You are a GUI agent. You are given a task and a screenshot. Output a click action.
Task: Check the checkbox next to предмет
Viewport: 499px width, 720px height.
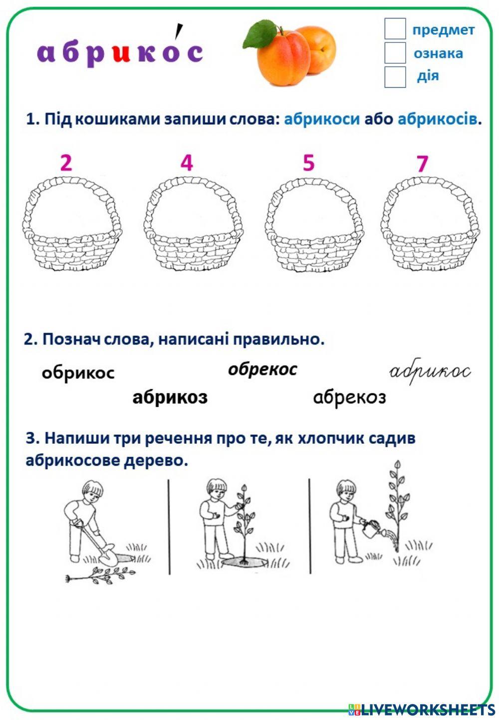[x=395, y=29]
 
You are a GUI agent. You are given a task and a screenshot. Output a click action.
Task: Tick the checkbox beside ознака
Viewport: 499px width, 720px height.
[x=395, y=53]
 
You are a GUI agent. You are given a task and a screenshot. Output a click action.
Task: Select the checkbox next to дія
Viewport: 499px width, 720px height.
[x=395, y=77]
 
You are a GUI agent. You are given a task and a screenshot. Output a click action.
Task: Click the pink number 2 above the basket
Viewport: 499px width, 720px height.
[x=66, y=163]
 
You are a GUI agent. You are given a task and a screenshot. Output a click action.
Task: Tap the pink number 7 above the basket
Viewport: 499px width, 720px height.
[x=422, y=164]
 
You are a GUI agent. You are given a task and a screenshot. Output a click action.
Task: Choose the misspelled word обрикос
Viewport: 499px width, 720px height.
[x=78, y=372]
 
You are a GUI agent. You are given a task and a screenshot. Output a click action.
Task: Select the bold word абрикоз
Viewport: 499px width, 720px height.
[x=170, y=397]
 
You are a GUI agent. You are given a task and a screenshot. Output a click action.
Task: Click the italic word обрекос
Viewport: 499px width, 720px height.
[x=262, y=369]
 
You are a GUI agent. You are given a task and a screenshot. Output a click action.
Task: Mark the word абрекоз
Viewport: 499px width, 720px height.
[x=349, y=397]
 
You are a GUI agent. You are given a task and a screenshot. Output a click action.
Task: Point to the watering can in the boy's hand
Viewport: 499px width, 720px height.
[x=371, y=530]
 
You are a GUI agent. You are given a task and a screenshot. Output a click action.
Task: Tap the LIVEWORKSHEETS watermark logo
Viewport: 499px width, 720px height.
[x=422, y=709]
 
